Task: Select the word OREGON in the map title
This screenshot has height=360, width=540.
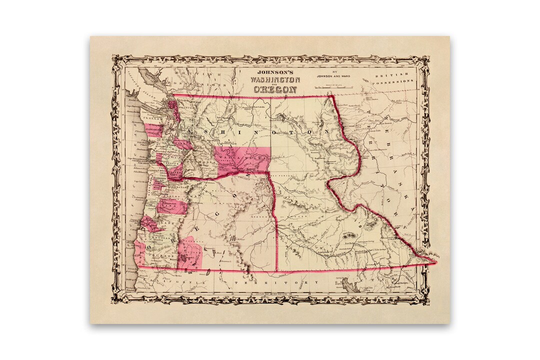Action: click(x=275, y=89)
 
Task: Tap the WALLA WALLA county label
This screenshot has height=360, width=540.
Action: click(x=240, y=158)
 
